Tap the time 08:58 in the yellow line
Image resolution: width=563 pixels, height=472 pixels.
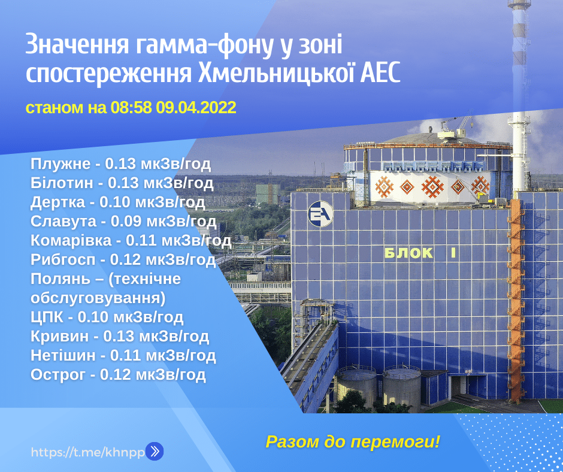point(131,107)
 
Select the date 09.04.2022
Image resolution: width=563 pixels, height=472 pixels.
point(196,107)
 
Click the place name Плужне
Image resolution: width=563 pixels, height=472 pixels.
point(60,164)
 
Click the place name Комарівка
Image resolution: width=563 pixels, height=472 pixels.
point(71,240)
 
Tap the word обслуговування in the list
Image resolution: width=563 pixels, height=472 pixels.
point(98,298)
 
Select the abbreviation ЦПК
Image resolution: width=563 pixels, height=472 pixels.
point(47,317)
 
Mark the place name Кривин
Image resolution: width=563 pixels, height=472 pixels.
point(60,336)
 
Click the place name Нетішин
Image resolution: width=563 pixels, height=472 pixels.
point(63,355)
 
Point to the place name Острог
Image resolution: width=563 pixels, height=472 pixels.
point(58,374)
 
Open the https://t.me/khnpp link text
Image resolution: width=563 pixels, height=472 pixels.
point(88,452)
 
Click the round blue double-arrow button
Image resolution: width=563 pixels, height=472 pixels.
point(155,451)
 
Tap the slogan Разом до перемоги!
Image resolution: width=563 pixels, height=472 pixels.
point(353,441)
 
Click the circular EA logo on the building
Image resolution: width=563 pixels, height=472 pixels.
point(320,214)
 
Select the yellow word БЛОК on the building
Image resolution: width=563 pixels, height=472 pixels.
point(408,253)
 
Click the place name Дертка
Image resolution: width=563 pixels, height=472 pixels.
point(58,202)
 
